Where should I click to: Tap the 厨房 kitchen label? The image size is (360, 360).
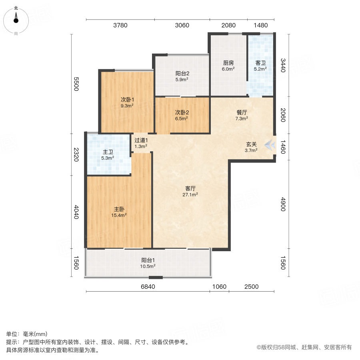point(228,63)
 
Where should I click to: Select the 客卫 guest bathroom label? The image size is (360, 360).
point(260,63)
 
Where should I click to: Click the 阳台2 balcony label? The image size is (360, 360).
point(182,73)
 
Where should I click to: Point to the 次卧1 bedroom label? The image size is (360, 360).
point(127,100)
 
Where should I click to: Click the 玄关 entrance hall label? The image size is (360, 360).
point(251,144)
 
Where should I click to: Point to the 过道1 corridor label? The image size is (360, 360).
point(141,140)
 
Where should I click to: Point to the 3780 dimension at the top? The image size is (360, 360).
point(120,25)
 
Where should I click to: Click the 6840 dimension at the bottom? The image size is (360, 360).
point(148,287)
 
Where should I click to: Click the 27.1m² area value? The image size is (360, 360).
point(192,195)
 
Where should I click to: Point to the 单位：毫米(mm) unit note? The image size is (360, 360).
point(27,334)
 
